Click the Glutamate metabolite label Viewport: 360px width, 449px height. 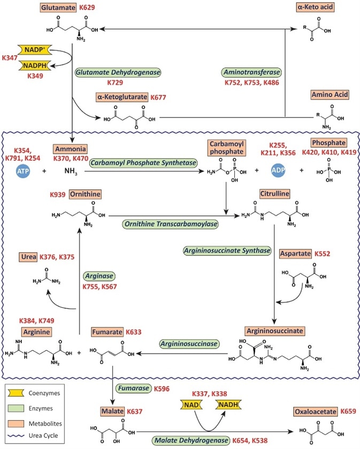point(58,7)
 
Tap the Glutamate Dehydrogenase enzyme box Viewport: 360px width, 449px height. point(118,72)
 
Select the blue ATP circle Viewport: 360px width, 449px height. point(23,171)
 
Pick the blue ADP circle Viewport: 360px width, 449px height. point(278,170)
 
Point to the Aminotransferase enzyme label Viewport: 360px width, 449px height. point(251,72)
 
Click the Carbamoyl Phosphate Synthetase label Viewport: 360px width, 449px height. point(143,163)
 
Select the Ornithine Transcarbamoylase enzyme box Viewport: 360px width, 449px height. point(171,224)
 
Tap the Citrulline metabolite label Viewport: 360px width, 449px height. point(274,194)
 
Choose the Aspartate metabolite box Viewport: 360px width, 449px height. point(295,254)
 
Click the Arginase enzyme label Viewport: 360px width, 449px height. point(99,276)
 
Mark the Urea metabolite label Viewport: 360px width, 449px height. point(28,257)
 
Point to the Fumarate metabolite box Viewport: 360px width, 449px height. point(108,332)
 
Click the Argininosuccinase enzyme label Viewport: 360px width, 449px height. point(189,344)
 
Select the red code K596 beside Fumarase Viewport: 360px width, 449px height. point(162,389)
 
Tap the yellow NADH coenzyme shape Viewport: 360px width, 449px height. point(228,405)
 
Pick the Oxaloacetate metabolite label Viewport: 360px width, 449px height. point(316,412)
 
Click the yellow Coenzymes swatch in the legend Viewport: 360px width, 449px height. point(16,393)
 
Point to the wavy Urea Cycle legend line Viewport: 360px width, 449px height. point(16,436)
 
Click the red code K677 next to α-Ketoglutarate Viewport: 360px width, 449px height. point(158,97)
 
